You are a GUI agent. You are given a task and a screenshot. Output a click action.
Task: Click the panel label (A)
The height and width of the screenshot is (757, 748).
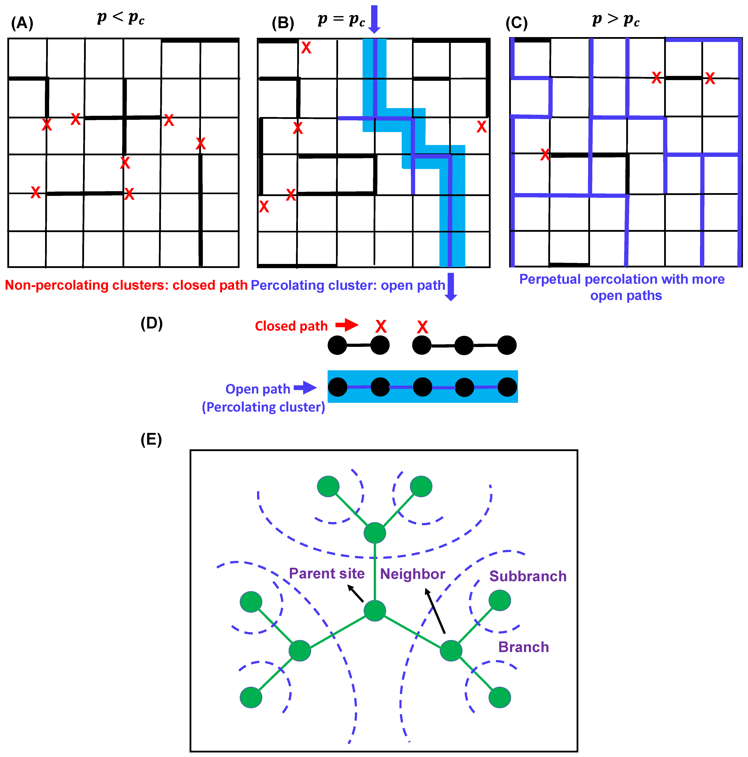click(22, 23)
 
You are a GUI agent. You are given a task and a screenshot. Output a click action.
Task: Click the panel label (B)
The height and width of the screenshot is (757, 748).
click(283, 23)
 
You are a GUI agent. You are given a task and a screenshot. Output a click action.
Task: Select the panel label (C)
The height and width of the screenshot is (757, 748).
click(516, 23)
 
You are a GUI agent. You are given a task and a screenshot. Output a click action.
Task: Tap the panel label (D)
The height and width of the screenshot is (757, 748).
click(151, 324)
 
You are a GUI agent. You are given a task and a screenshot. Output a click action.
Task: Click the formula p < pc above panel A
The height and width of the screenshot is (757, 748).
click(121, 18)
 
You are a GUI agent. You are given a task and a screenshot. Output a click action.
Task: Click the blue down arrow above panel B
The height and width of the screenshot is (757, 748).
click(374, 19)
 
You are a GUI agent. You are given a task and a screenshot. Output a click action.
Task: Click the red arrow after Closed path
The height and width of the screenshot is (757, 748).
click(347, 325)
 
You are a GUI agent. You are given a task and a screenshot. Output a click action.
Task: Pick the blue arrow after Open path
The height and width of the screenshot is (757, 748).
click(305, 388)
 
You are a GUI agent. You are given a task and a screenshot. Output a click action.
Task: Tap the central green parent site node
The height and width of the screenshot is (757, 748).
click(375, 610)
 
